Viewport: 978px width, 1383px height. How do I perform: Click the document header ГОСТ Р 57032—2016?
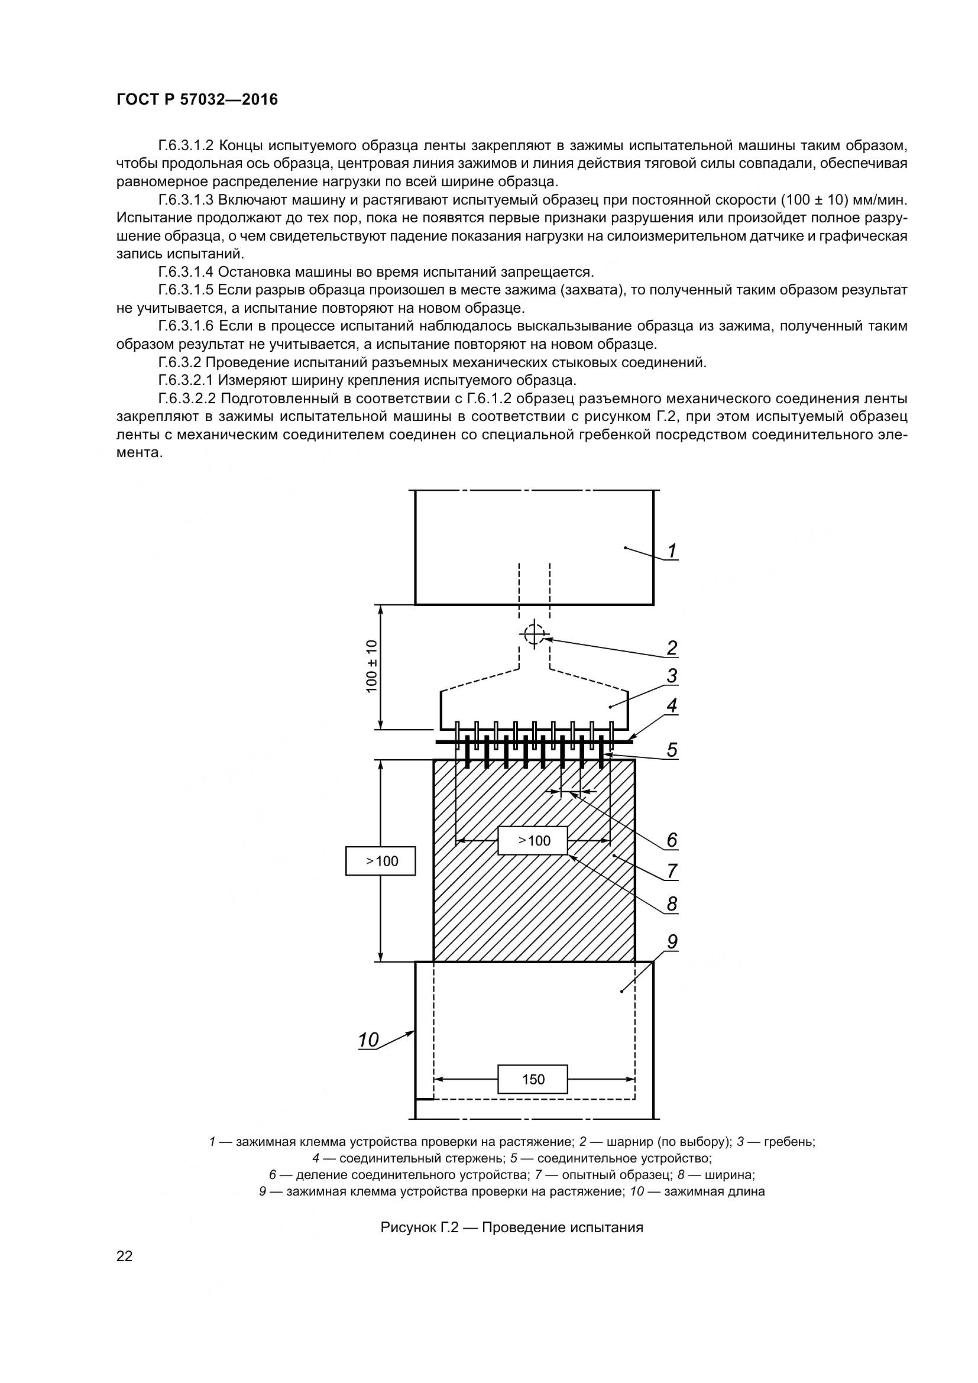tap(197, 99)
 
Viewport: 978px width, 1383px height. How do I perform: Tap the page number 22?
tap(125, 1256)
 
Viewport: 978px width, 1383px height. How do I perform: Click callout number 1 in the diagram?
tap(672, 550)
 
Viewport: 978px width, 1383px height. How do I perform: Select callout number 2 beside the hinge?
tap(672, 648)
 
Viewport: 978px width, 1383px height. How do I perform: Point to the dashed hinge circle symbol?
tap(533, 634)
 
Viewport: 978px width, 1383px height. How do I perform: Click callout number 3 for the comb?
tap(672, 676)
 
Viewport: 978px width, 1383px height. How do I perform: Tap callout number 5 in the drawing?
tap(672, 749)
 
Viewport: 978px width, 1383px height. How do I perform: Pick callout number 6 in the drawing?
tap(672, 840)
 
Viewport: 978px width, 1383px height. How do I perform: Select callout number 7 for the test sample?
tap(672, 871)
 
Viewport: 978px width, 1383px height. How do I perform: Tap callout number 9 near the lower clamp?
tap(672, 941)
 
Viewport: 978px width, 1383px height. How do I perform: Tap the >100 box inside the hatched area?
tap(533, 840)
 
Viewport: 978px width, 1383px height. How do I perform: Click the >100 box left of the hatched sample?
tap(381, 861)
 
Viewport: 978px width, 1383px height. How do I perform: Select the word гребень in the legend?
tap(789, 1141)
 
